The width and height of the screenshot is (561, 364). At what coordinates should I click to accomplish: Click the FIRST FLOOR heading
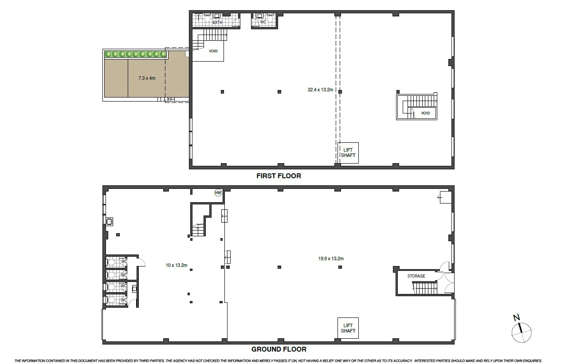[x=279, y=176]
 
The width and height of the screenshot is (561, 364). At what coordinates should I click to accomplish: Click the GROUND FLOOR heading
[x=279, y=349]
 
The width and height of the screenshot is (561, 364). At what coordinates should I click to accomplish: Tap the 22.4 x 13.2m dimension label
[x=320, y=90]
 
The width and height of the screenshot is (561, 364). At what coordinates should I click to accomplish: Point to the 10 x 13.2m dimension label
[x=177, y=266]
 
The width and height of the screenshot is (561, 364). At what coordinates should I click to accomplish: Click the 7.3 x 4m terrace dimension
[x=147, y=78]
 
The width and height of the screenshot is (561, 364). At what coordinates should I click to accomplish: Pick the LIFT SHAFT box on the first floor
[x=348, y=153]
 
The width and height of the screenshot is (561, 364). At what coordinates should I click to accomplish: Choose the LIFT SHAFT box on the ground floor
[x=348, y=329]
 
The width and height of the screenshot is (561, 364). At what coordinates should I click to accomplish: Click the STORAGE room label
[x=416, y=276]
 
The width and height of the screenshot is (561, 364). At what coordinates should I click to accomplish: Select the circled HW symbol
[x=218, y=193]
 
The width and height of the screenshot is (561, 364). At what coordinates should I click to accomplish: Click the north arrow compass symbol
[x=522, y=330]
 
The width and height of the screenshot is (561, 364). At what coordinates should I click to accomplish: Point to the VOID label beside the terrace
[x=213, y=51]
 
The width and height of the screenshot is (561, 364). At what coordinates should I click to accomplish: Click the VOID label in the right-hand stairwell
[x=425, y=113]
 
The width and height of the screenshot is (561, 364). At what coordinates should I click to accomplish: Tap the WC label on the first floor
[x=263, y=22]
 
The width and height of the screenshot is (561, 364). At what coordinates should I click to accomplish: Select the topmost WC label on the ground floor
[x=124, y=262]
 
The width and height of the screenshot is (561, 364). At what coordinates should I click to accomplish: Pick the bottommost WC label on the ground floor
[x=124, y=300]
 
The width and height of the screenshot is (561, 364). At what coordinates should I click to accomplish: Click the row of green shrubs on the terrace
[x=135, y=54]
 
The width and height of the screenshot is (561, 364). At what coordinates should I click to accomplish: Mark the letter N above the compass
[x=516, y=317]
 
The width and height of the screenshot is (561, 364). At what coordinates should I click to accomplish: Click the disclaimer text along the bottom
[x=279, y=360]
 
